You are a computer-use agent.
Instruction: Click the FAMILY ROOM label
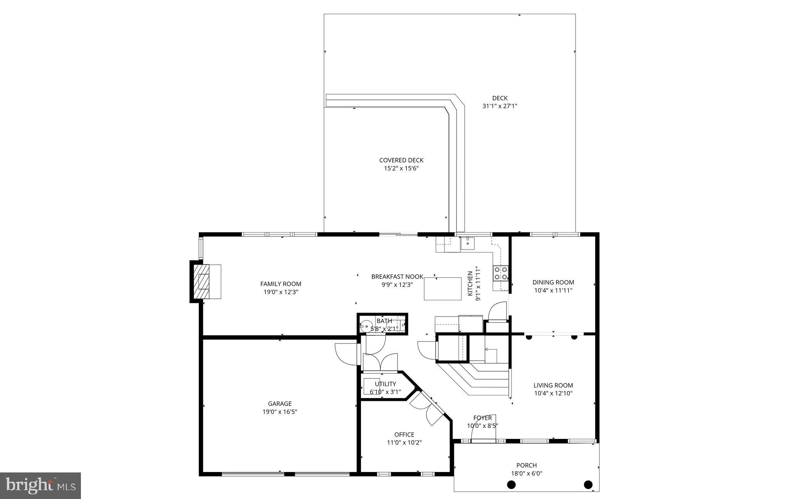point(280,284)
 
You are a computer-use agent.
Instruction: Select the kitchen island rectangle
point(443,288)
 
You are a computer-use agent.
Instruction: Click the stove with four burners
point(500,273)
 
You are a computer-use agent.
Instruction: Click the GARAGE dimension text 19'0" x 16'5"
point(280,412)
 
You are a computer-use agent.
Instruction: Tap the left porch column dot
point(511,484)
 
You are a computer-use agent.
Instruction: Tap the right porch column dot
point(588,484)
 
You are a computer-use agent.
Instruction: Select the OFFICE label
point(404,434)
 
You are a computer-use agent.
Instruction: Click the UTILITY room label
point(385,384)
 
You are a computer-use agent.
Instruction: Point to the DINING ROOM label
point(553,282)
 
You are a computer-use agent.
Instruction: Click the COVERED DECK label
point(401,160)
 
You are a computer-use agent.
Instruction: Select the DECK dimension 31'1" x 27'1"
point(500,106)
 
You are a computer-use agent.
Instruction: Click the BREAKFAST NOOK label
point(397,276)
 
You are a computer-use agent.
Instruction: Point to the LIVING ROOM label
point(553,385)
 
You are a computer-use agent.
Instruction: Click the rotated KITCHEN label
point(470,283)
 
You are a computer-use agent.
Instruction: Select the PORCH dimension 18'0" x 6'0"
point(527,473)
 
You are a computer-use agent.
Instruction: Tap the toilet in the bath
point(365,326)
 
